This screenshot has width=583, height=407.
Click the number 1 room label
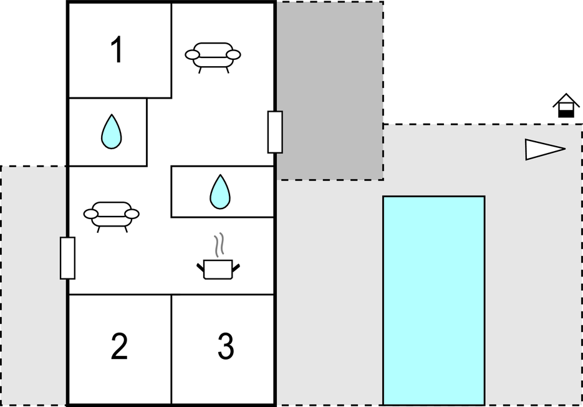117,51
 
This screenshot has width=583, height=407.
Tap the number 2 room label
119,347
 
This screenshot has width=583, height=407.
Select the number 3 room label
225,347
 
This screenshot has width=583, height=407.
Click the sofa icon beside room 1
213,55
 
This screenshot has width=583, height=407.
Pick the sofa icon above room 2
111,214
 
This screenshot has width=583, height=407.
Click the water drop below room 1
111,132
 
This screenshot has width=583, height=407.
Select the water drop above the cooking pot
219,192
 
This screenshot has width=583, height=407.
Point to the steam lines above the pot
218,246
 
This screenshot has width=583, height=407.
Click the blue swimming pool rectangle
433,300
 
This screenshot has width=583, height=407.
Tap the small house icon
566,105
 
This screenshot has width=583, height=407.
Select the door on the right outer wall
275,132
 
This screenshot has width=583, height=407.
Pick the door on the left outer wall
67,258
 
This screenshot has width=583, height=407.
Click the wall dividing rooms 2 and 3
171,350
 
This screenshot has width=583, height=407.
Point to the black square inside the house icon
566,113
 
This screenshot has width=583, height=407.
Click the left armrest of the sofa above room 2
91,214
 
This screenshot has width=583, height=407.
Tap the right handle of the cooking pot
236,268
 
